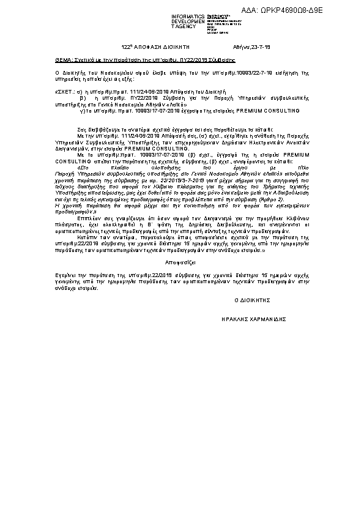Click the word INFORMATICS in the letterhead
[188, 17]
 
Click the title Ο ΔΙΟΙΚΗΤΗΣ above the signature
[252, 302]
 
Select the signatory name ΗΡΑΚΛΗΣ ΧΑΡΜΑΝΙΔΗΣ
[254, 319]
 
